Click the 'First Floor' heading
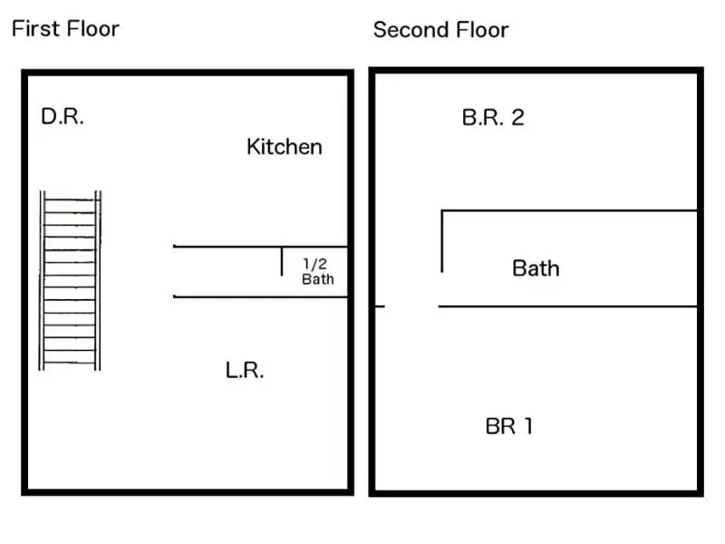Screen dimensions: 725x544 click(x=65, y=29)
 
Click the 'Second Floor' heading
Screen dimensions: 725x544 click(x=441, y=30)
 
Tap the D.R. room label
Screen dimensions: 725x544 click(x=63, y=116)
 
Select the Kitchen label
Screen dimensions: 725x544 click(x=285, y=147)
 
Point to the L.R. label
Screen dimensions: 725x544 click(x=245, y=370)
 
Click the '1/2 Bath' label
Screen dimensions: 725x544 click(x=318, y=271)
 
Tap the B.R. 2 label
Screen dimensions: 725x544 click(x=493, y=118)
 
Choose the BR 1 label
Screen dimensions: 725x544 click(x=509, y=426)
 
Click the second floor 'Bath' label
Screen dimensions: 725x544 click(x=536, y=268)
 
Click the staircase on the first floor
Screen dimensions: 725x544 click(x=70, y=280)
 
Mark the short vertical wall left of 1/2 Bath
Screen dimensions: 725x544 click(x=282, y=261)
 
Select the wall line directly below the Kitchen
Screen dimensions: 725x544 click(x=260, y=246)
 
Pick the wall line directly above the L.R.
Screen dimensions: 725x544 click(x=260, y=296)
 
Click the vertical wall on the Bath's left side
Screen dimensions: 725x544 click(x=442, y=241)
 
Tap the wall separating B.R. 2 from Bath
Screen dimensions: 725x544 click(x=569, y=211)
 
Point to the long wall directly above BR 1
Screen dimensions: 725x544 click(x=568, y=306)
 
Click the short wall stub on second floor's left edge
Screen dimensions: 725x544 click(x=380, y=306)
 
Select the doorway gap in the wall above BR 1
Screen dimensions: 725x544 click(x=411, y=306)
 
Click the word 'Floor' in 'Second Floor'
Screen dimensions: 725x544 click(x=482, y=30)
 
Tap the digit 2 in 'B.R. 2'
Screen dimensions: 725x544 click(x=517, y=118)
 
